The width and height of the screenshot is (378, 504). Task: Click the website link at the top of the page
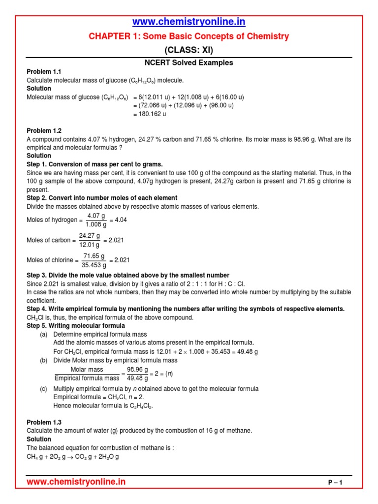(x=189, y=22)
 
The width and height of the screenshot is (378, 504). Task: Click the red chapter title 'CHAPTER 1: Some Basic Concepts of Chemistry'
(x=189, y=36)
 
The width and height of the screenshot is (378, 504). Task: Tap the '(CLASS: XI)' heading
(x=189, y=50)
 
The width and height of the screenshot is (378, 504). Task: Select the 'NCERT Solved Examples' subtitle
(x=189, y=63)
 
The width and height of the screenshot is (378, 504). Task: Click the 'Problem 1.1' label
(x=44, y=72)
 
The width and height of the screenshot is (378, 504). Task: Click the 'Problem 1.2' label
(x=44, y=131)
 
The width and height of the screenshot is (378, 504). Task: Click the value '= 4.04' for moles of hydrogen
(x=118, y=220)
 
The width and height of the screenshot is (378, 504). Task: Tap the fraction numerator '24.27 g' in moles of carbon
(x=90, y=236)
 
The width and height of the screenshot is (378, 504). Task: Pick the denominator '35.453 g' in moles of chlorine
(x=94, y=264)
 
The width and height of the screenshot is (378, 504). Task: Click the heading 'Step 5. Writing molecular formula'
(x=76, y=326)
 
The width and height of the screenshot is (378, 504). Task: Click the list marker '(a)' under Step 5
(x=44, y=334)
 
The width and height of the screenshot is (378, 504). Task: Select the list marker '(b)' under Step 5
(x=44, y=360)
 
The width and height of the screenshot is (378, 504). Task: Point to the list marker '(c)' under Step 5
(x=44, y=389)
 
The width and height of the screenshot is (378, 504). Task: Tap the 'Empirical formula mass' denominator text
(x=87, y=378)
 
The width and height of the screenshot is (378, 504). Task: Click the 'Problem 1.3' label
(x=44, y=422)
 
